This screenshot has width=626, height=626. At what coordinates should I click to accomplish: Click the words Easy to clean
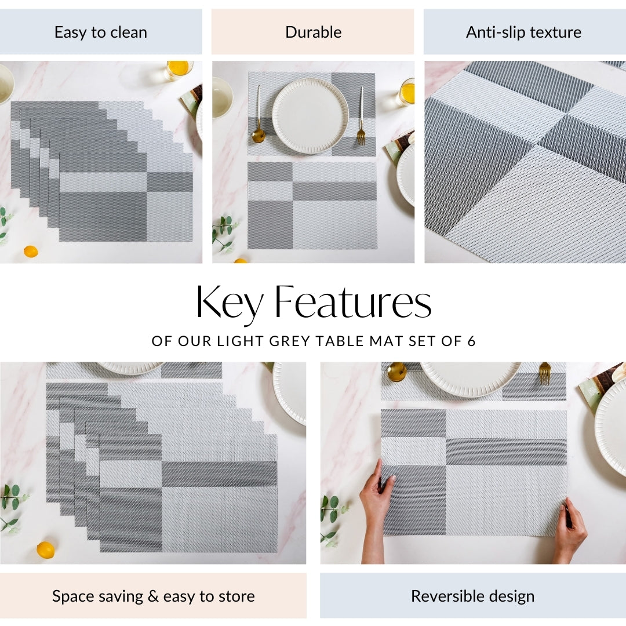pos(101,32)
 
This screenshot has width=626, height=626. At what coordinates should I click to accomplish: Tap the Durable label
pos(314,32)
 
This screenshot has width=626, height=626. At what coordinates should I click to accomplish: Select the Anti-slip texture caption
pos(523,32)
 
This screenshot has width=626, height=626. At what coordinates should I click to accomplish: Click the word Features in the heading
pos(353,302)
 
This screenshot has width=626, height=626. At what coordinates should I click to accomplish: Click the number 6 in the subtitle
pos(471,341)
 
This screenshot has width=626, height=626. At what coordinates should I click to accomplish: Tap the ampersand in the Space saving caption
pos(153,596)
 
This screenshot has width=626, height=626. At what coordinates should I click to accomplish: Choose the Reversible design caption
pos(473,596)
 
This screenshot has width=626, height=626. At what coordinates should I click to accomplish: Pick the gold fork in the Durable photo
pos(361,116)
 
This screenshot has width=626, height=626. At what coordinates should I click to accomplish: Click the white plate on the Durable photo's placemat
pos(311,116)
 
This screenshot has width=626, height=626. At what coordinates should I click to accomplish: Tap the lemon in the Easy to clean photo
pos(31,252)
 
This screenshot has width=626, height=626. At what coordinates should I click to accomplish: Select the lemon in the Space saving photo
pos(46,550)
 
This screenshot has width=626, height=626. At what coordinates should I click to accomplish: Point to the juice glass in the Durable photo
pos(406,92)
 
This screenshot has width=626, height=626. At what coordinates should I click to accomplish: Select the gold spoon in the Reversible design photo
pos(397,372)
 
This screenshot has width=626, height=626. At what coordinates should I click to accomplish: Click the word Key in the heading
pos(229,303)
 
